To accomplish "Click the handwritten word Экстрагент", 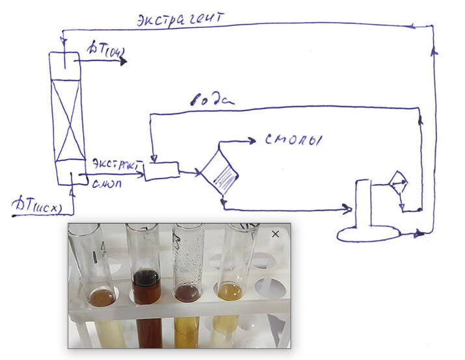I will [x=181, y=18].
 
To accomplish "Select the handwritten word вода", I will [x=212, y=99].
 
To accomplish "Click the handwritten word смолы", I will [x=293, y=140].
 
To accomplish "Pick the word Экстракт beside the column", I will [x=117, y=164].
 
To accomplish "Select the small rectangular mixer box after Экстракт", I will [x=161, y=171].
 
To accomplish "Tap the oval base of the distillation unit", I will [x=368, y=232].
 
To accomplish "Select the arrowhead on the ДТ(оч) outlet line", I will [x=123, y=61].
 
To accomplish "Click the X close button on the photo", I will [x=275, y=234].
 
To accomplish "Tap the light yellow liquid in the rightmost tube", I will [x=231, y=292].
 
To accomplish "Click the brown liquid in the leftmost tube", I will [x=101, y=297].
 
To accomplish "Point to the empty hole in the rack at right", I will [x=270, y=289].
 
